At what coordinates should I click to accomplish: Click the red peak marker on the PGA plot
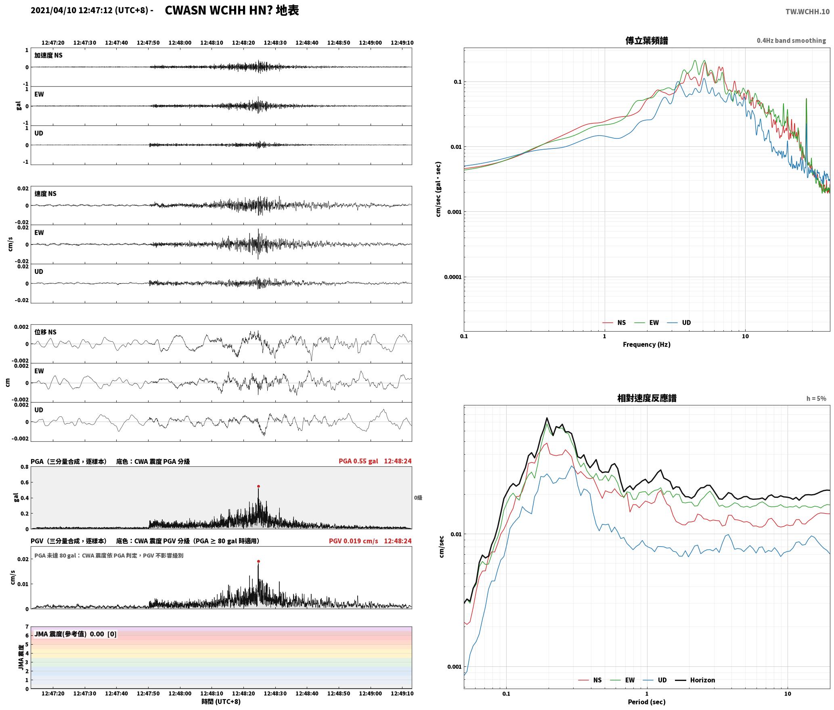[x=258, y=487]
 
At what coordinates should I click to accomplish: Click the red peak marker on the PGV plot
[x=258, y=561]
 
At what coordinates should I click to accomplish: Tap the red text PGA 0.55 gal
[x=358, y=461]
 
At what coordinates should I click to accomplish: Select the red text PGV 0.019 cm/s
[x=354, y=541]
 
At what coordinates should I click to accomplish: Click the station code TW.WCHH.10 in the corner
[x=807, y=11]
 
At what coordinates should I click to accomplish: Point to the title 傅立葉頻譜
[x=646, y=41]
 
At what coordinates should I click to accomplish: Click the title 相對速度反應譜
[x=647, y=398]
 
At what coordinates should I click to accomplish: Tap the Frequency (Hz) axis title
[x=646, y=345]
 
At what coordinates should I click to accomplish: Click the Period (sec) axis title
[x=646, y=702]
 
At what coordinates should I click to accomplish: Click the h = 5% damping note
[x=816, y=399]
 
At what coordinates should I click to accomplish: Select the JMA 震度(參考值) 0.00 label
[x=69, y=634]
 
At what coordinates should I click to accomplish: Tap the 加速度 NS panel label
[x=48, y=55]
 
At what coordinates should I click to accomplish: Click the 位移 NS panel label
[x=46, y=332]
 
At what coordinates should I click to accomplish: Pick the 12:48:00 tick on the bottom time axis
[x=180, y=693]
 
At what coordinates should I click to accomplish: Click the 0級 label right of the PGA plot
[x=418, y=498]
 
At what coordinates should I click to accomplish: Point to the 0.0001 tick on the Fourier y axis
[x=453, y=277]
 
